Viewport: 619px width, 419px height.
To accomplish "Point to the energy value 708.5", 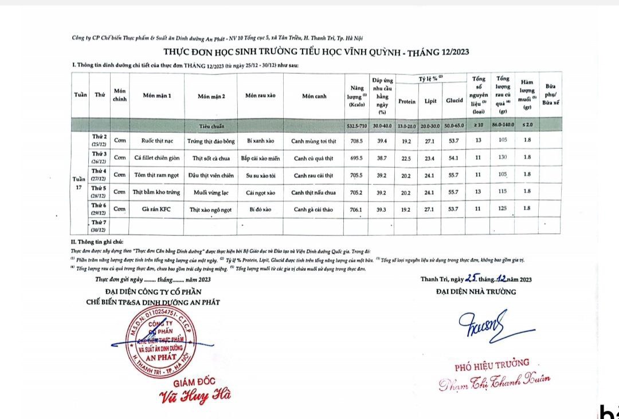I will click(356, 140).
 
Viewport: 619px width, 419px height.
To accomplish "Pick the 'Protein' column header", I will click(407, 101).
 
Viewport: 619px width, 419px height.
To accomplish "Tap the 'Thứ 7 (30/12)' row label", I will click(99, 226).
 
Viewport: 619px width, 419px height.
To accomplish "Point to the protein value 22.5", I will click(406, 157).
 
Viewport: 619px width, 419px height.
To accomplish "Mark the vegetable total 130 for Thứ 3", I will click(503, 157).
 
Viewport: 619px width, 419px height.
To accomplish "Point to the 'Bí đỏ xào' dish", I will click(260, 209).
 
